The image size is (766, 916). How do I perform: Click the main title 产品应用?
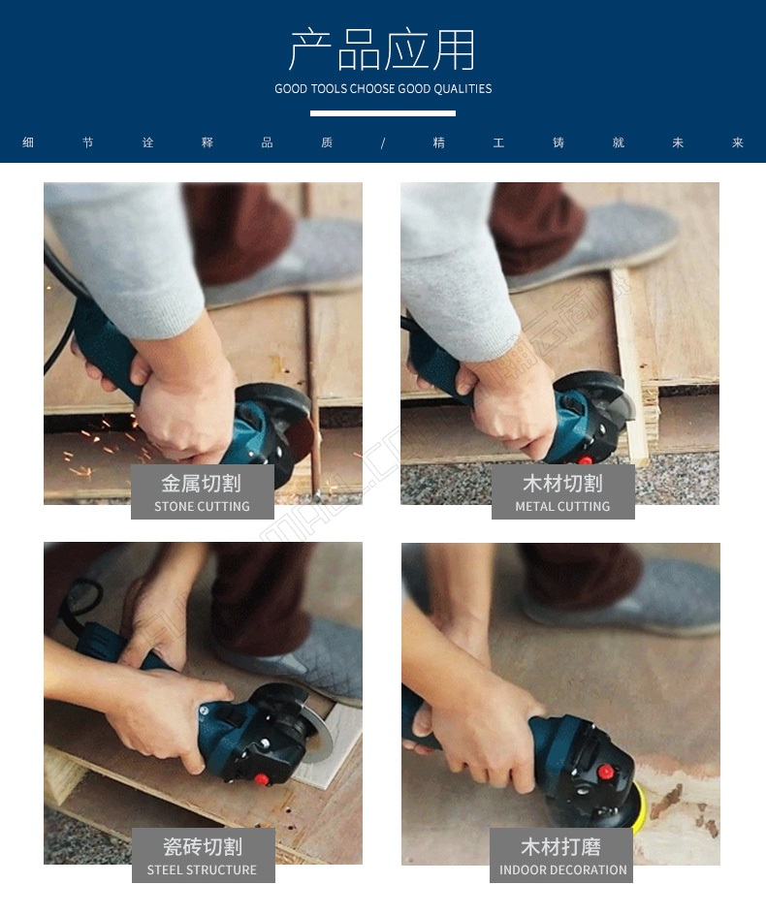[382, 49]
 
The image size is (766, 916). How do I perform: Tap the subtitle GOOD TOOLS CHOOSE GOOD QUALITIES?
[383, 89]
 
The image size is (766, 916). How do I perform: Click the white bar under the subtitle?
[383, 113]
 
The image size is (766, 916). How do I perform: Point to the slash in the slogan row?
[383, 143]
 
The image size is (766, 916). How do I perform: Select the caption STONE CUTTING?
[202, 507]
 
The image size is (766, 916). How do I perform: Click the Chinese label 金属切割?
[202, 483]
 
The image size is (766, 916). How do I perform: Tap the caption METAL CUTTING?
[562, 507]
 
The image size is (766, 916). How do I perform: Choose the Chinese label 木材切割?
[562, 483]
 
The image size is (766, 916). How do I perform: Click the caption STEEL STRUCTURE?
[202, 869]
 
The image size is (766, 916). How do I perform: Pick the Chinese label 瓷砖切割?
[202, 846]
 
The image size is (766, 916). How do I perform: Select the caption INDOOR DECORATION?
[562, 869]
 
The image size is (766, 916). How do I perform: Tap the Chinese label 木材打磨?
[560, 846]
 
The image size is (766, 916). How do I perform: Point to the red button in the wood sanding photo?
[605, 773]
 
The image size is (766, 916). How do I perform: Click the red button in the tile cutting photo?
[261, 779]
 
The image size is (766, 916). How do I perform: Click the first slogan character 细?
[28, 142]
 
